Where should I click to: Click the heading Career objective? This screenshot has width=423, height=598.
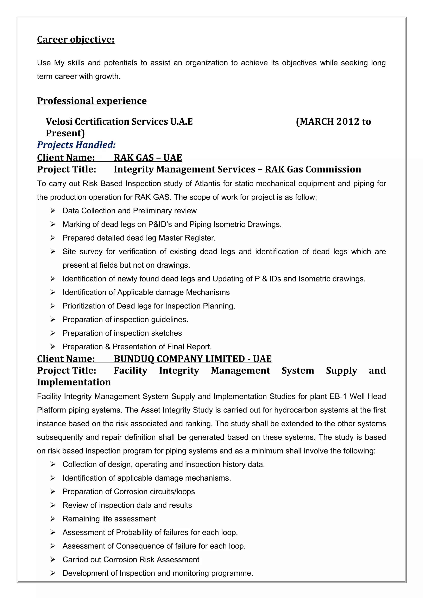coord(76,39)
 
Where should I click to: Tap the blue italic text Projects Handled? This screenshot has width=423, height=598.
coord(76,145)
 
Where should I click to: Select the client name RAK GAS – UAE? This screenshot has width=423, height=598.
coord(148,158)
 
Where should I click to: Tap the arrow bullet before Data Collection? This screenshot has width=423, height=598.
coord(53,211)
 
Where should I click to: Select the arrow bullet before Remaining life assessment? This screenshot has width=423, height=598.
coord(53,519)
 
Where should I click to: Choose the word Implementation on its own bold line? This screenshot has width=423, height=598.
coord(74,382)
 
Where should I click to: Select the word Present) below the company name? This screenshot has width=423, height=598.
coord(65,133)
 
